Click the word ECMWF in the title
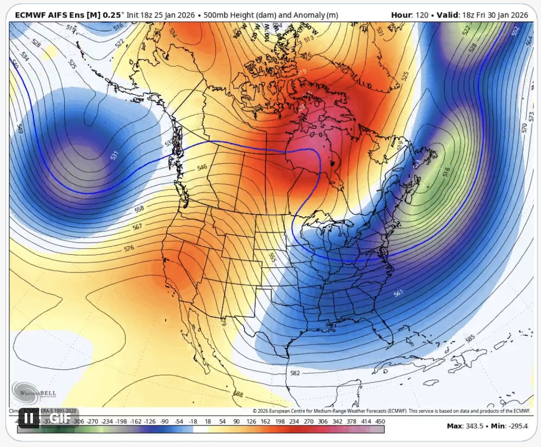click(x=29, y=15)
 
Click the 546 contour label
click(x=202, y=167)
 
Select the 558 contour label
click(x=138, y=209)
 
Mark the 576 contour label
click(x=130, y=248)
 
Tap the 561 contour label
click(x=398, y=294)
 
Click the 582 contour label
click(x=295, y=373)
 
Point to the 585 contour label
click(x=470, y=339)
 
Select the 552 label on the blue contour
click(x=515, y=31)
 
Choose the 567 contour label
click(x=137, y=227)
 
